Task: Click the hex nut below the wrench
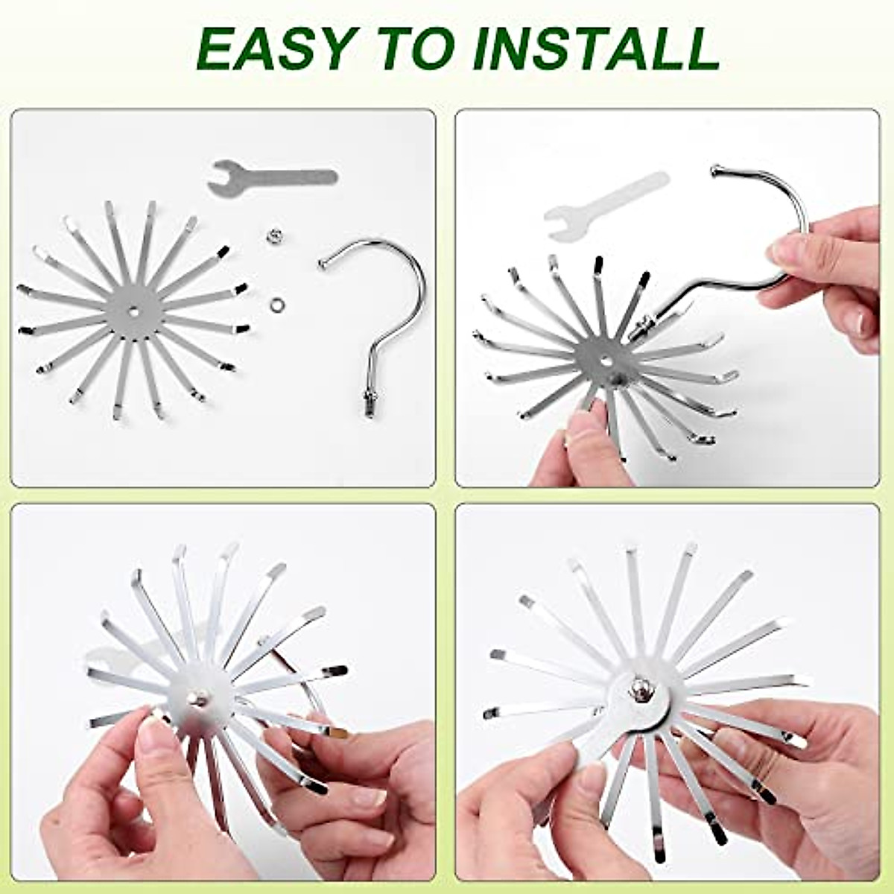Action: coord(273,237)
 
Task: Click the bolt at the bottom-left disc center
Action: coord(198,699)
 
